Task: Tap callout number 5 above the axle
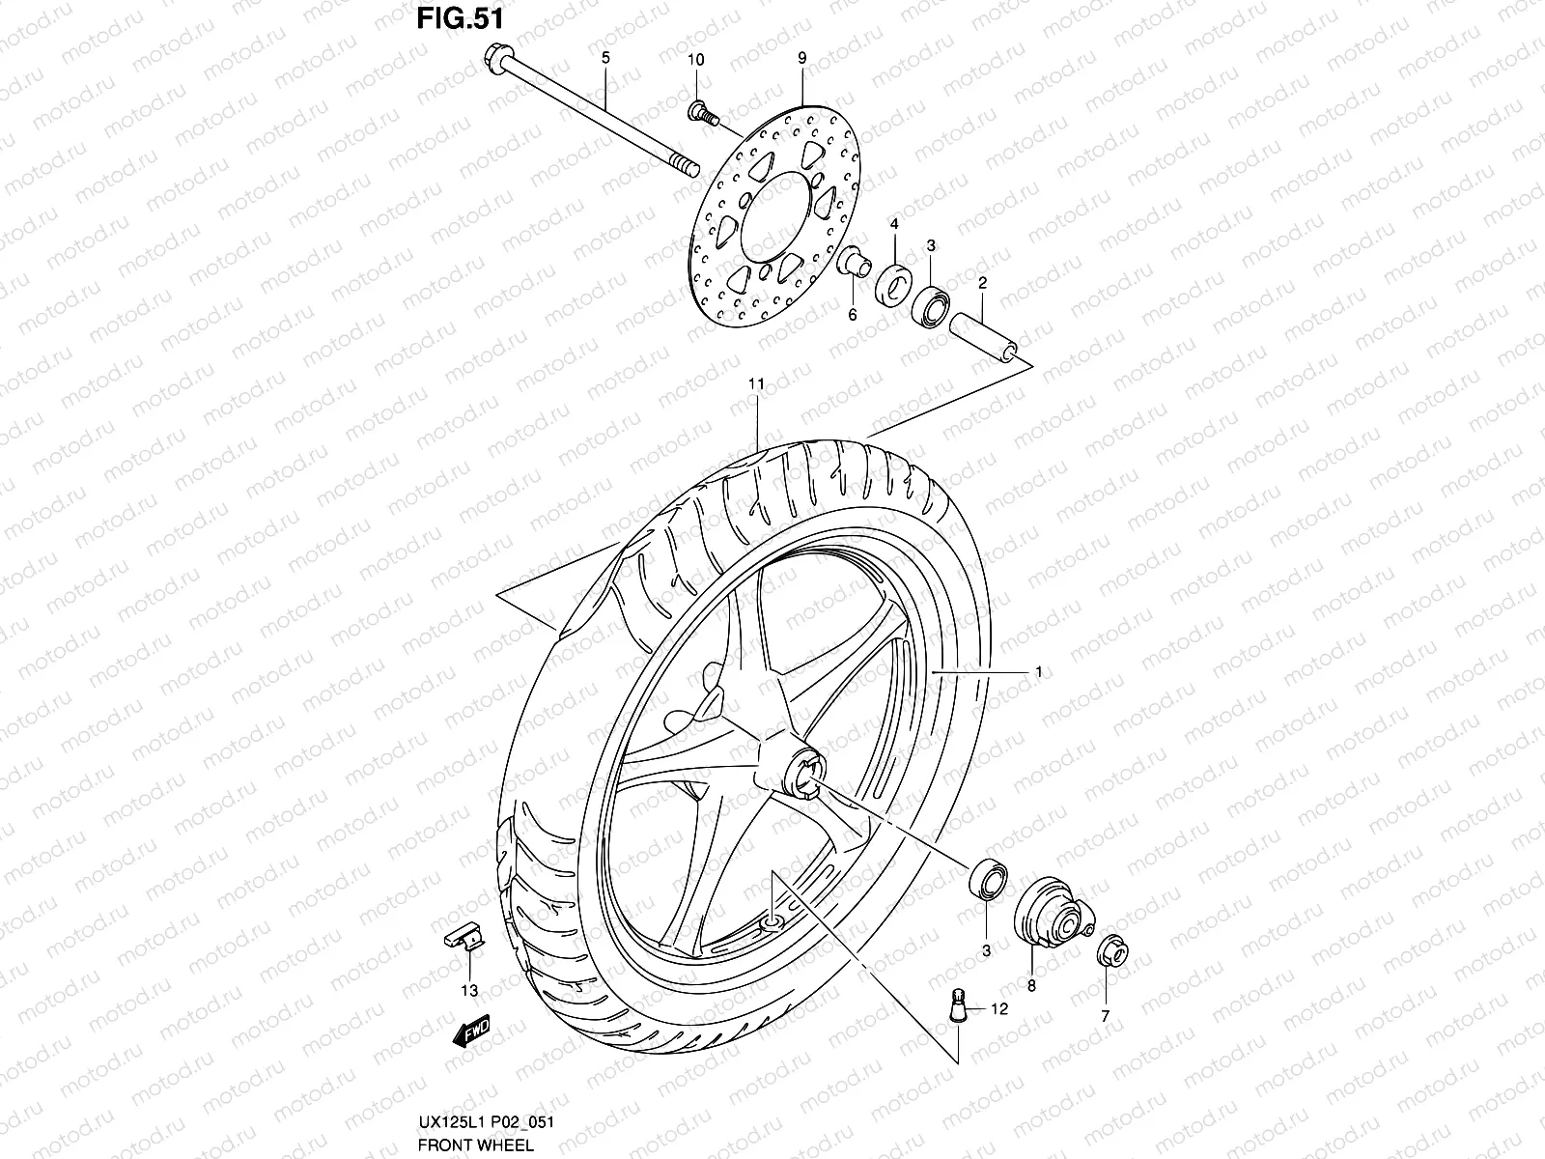click(605, 58)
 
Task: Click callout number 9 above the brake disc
click(801, 59)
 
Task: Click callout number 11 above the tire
click(756, 383)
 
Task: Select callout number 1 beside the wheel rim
click(1038, 670)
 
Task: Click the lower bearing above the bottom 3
click(986, 878)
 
